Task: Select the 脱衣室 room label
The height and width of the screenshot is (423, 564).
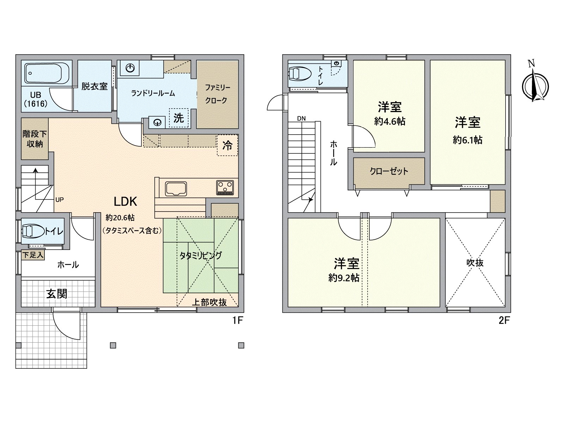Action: pyautogui.click(x=94, y=86)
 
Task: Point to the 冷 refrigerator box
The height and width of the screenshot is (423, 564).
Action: pyautogui.click(x=227, y=145)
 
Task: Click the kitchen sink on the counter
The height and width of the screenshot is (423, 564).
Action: pyautogui.click(x=176, y=189)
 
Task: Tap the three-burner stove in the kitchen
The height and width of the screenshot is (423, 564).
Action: pyautogui.click(x=225, y=187)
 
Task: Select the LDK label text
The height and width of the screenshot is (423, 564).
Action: pyautogui.click(x=125, y=202)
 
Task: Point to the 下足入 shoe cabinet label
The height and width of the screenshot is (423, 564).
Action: pyautogui.click(x=33, y=255)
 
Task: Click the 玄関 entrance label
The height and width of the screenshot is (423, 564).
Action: pyautogui.click(x=57, y=294)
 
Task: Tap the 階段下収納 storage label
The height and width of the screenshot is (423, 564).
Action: pyautogui.click(x=35, y=139)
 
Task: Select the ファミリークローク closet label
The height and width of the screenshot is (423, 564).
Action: pyautogui.click(x=217, y=94)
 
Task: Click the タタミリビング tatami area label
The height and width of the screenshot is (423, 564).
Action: pyautogui.click(x=201, y=256)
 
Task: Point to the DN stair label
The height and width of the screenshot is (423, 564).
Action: pyautogui.click(x=301, y=118)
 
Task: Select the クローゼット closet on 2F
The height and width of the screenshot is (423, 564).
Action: pyautogui.click(x=389, y=171)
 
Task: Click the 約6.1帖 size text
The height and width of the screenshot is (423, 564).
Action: pyautogui.click(x=467, y=140)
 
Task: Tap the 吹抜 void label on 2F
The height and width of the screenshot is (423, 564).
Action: pyautogui.click(x=475, y=263)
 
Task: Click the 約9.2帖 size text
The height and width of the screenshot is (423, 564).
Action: pyautogui.click(x=344, y=278)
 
